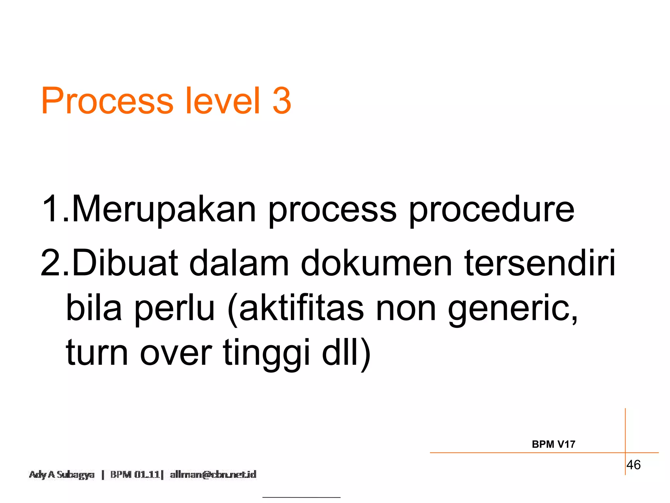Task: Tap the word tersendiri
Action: tap(540, 263)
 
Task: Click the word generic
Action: tap(512, 309)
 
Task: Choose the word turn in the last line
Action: tap(97, 353)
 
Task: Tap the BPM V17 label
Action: tap(554, 444)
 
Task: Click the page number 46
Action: tap(633, 465)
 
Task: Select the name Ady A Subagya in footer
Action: tap(62, 475)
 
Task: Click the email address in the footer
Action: tap(213, 475)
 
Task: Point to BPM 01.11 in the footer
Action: tap(135, 475)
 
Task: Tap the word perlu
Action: tap(174, 309)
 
